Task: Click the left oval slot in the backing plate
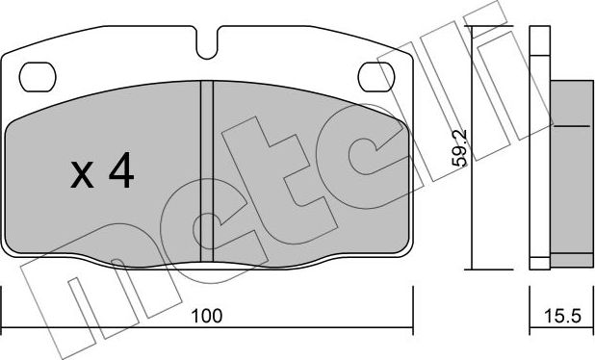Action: pyautogui.click(x=39, y=73)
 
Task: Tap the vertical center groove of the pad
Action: pyautogui.click(x=206, y=168)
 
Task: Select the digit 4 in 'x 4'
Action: pyautogui.click(x=120, y=172)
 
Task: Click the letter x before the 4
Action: pyautogui.click(x=83, y=176)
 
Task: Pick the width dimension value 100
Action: pyautogui.click(x=206, y=314)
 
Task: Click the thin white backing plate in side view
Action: pyautogui.click(x=538, y=144)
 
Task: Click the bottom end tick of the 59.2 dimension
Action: pyautogui.click(x=472, y=269)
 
